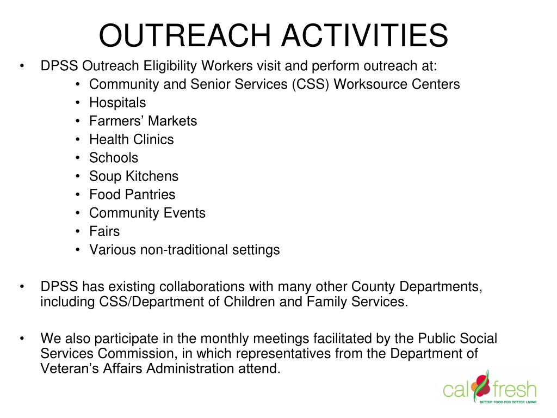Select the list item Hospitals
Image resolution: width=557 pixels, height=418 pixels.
pyautogui.click(x=117, y=103)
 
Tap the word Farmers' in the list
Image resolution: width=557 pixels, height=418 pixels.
pyautogui.click(x=113, y=121)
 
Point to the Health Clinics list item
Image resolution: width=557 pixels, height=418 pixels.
pyautogui.click(x=132, y=139)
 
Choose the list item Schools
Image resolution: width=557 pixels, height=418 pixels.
pyautogui.click(x=114, y=158)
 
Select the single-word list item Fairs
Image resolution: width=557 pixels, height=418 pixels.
pyautogui.click(x=104, y=231)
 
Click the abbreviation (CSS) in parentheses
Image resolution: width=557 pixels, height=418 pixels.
pyautogui.click(x=311, y=84)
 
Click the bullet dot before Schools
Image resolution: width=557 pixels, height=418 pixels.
pyautogui.click(x=78, y=158)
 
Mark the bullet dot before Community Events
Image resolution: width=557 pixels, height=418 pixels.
pyautogui.click(x=78, y=213)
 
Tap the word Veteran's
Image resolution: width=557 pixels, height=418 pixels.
pyautogui.click(x=70, y=368)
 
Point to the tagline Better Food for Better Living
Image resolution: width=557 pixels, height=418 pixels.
pyautogui.click(x=508, y=402)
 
